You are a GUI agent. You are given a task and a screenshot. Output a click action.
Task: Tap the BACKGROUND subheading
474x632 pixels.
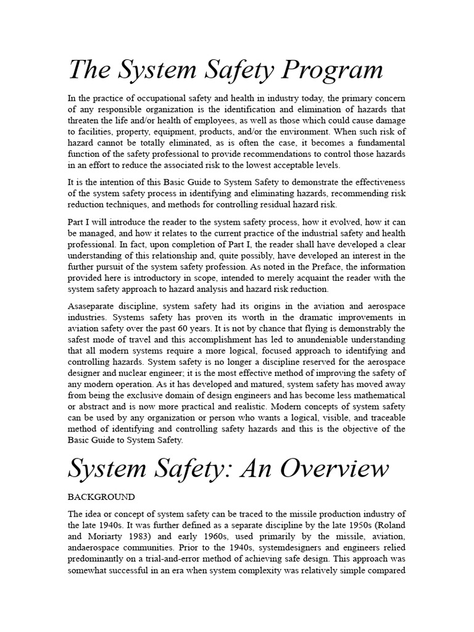(x=101, y=496)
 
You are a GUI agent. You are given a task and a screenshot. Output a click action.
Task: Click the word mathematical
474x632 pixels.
(x=377, y=395)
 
